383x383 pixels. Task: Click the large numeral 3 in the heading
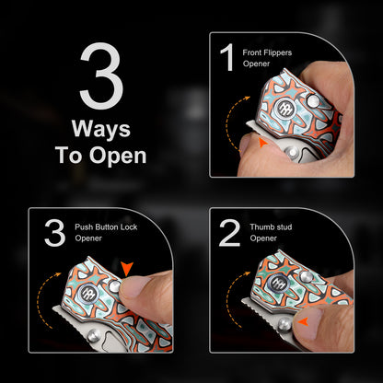click(x=101, y=75)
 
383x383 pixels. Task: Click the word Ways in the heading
click(x=101, y=129)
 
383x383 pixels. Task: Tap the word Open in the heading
click(x=118, y=156)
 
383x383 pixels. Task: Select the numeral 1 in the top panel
click(x=227, y=57)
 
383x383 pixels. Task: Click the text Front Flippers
click(x=267, y=52)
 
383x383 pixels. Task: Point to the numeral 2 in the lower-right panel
click(x=229, y=233)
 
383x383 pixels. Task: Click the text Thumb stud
click(x=271, y=227)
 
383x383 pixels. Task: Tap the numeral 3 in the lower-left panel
click(x=55, y=233)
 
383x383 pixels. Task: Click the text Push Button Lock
click(x=106, y=227)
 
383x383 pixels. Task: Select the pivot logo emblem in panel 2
click(x=278, y=283)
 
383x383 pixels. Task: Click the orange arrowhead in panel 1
click(x=261, y=143)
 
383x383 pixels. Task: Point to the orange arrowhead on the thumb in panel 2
click(x=303, y=321)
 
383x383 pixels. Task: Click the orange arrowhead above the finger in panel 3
click(x=127, y=269)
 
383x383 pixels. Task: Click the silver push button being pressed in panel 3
click(x=115, y=286)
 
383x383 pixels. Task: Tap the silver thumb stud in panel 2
click(x=284, y=325)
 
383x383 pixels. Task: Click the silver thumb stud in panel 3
click(x=93, y=337)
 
